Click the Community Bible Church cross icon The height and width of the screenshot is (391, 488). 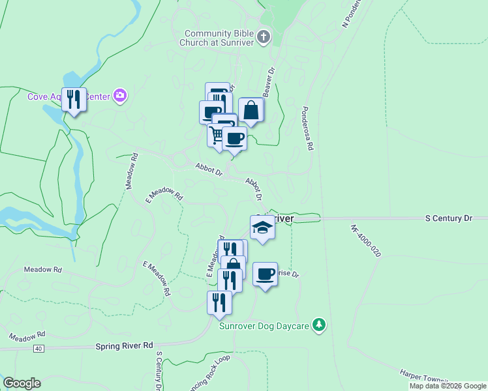pyautogui.click(x=264, y=36)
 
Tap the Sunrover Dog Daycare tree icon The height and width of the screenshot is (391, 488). pyautogui.click(x=318, y=325)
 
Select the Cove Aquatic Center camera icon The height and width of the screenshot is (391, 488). pyautogui.click(x=119, y=96)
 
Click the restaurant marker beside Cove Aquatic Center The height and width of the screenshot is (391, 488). pyautogui.click(x=74, y=100)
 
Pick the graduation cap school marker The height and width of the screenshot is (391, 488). pyautogui.click(x=262, y=227)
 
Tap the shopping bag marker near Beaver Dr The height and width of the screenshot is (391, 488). pyautogui.click(x=251, y=110)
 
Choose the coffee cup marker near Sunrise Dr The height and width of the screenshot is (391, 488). pyautogui.click(x=264, y=274)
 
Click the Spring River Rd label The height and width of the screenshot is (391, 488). pyautogui.click(x=124, y=345)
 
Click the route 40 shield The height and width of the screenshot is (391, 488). pyautogui.click(x=39, y=349)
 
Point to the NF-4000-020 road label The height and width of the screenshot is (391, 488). pyautogui.click(x=365, y=240)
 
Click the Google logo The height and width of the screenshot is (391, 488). pyautogui.click(x=22, y=383)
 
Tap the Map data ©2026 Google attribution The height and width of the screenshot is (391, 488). pyautogui.click(x=447, y=386)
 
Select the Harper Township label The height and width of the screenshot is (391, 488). pyautogui.click(x=424, y=378)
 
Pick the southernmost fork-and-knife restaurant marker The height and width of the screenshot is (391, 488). pyautogui.click(x=219, y=302)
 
